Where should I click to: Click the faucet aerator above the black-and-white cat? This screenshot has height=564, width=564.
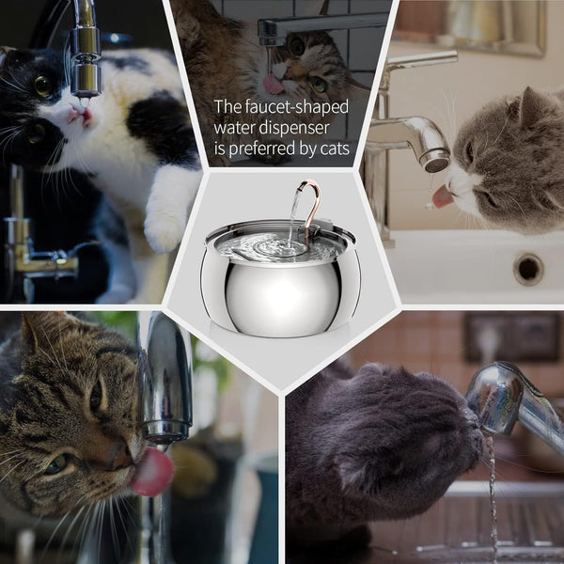(86, 80)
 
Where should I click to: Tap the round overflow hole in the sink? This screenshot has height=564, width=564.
(528, 269)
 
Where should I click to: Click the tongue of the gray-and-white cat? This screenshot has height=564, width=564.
(441, 196)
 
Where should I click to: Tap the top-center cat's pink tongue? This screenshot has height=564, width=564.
(274, 84)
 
